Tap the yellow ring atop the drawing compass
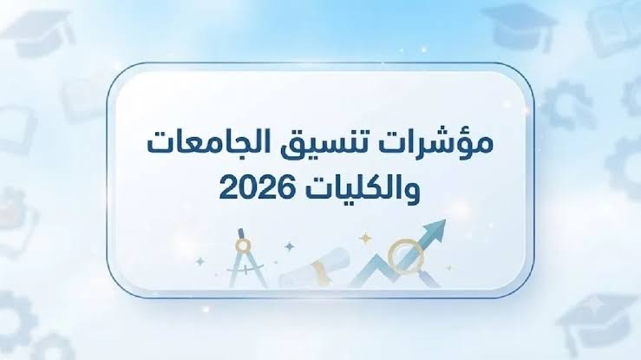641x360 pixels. (x=243, y=245)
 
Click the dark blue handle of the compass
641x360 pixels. (x=240, y=233)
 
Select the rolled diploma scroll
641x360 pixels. (x=314, y=268)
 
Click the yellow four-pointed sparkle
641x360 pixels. (x=364, y=239)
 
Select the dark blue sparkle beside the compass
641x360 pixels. (x=290, y=246)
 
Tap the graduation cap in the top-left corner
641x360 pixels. (x=39, y=33)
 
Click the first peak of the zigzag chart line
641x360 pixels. (x=376, y=256)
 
